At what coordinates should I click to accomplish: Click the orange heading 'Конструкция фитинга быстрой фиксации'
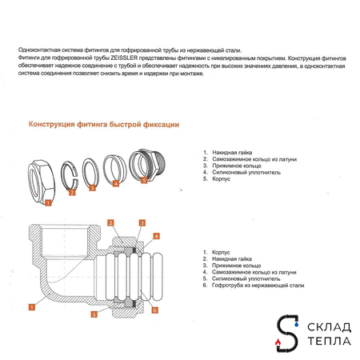pos(104,125)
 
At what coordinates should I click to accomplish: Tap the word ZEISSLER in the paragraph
pos(124,58)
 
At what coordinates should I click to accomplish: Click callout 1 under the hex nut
pos(48,202)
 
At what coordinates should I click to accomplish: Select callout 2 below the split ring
pos(72,192)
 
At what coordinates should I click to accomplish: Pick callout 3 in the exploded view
pos(92,188)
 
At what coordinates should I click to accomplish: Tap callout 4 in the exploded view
pos(115,183)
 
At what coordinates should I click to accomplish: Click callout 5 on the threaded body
pos(144,180)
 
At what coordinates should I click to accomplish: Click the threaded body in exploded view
pos(147,165)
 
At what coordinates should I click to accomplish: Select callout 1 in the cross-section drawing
pos(32,307)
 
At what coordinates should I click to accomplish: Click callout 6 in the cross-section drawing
pos(154,310)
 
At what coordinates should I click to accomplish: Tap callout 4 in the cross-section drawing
pos(156,236)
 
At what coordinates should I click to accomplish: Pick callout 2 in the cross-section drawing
pos(110,222)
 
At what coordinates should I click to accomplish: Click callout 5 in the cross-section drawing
pos(94,314)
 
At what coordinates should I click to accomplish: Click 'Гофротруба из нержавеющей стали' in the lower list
pos(258,286)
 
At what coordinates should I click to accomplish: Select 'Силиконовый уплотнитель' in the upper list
pos(246,172)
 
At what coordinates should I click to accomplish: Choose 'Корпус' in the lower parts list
pos(221,252)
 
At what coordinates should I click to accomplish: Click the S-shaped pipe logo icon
pos(287,333)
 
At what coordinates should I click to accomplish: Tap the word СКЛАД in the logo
pos(329,327)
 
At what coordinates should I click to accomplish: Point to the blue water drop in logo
pos(296,324)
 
